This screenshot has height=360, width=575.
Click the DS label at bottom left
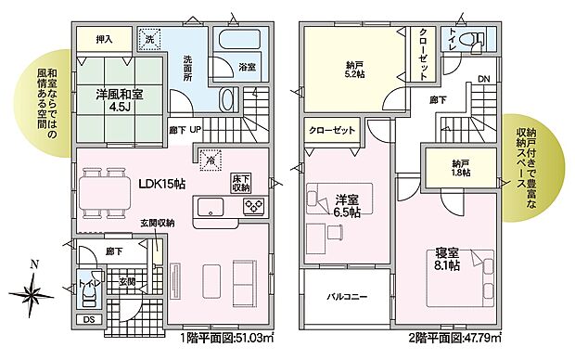tap(87, 321)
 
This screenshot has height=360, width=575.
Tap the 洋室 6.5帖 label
tap(345, 204)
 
